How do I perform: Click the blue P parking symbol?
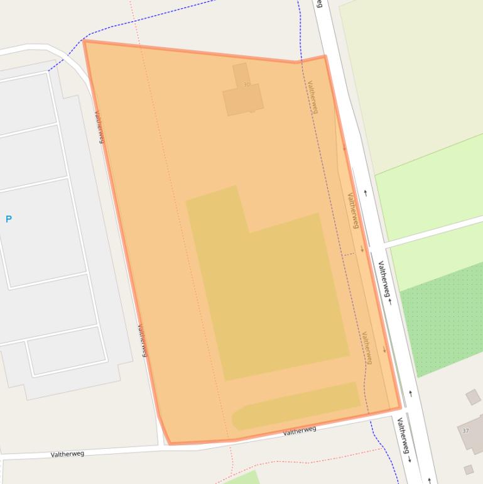pos(9,219)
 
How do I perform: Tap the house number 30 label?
pos(246,84)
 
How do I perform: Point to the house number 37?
pos(465,431)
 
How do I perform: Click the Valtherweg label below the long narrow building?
pos(300,431)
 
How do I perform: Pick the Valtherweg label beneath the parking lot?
pos(67,453)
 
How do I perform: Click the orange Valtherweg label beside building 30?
pos(313,97)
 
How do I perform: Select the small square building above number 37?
pos(473,397)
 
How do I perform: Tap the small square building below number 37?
pos(469,470)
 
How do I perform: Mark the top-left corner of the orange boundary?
pos(84,41)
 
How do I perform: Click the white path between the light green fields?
pos(433,231)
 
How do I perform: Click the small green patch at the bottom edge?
pos(242,478)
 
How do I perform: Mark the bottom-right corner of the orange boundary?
pos(400,408)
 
